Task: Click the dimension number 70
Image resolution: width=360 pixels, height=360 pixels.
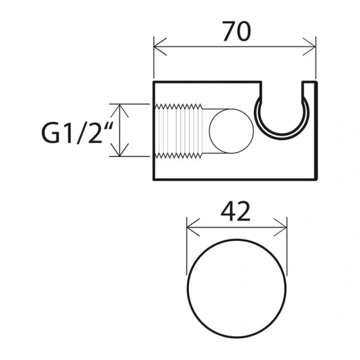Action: tap(236, 31)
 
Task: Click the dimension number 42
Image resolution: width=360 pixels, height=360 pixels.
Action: tap(236, 211)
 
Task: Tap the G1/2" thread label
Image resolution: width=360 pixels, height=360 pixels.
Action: tap(77, 133)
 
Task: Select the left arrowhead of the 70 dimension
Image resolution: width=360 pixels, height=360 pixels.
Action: tap(160, 47)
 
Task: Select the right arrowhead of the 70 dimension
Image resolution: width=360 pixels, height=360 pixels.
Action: tap(309, 47)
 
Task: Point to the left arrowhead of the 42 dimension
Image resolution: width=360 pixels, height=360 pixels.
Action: tap(193, 227)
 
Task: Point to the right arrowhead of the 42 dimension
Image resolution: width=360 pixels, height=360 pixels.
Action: tap(280, 227)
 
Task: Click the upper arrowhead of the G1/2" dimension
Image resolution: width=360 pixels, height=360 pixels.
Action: tap(119, 110)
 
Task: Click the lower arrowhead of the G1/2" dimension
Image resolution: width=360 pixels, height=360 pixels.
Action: tap(119, 149)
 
